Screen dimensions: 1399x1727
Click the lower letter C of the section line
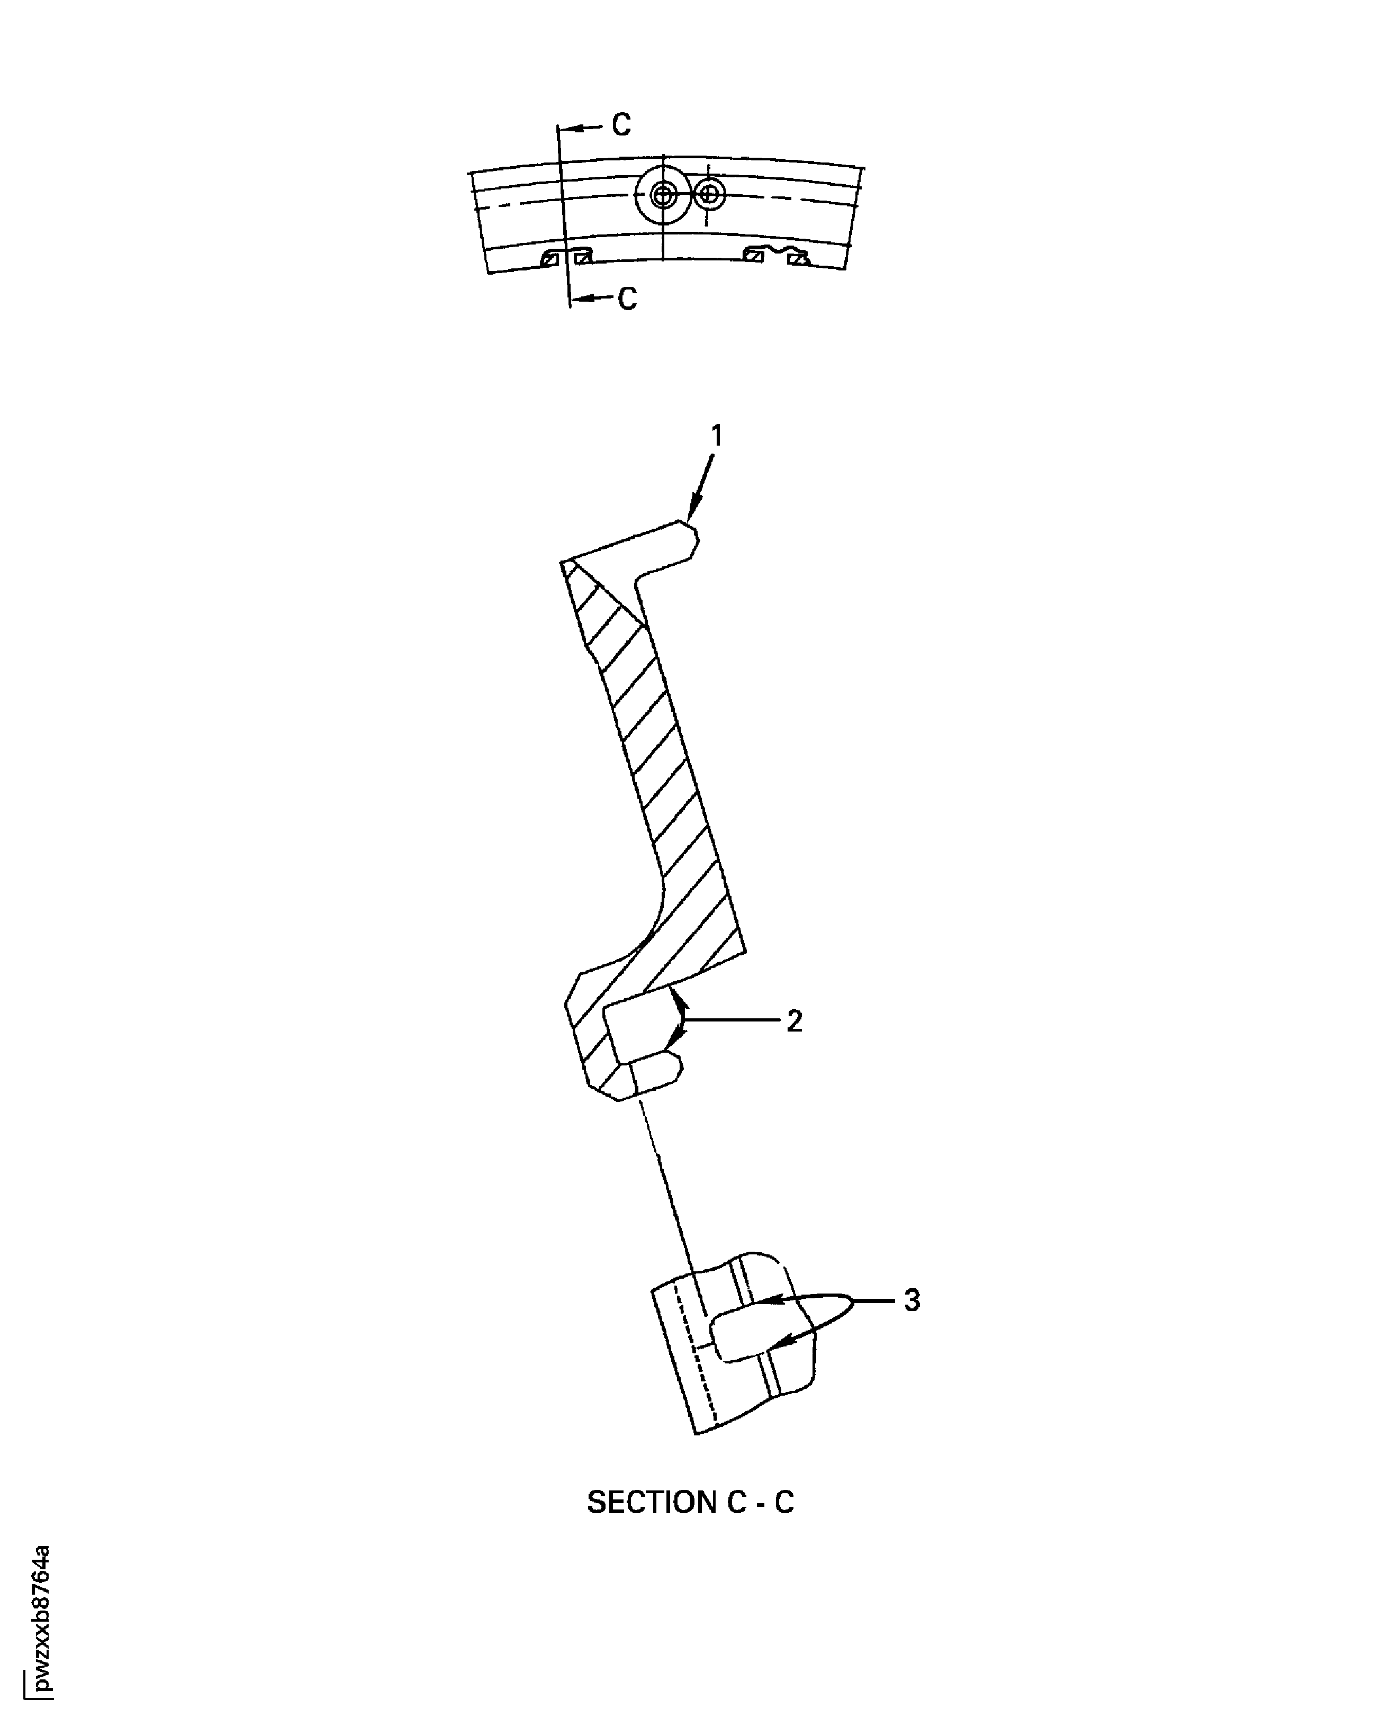628,299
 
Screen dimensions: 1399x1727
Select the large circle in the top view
663,194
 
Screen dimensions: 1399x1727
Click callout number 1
716,436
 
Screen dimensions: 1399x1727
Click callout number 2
795,1022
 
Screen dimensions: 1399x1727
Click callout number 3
911,1300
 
